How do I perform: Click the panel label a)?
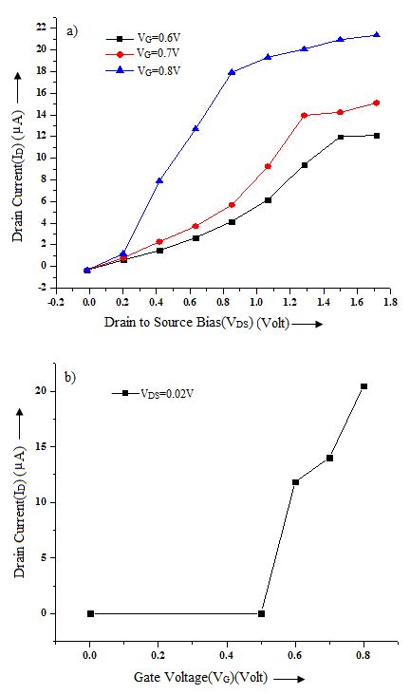coord(71,31)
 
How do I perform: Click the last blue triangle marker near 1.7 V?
coord(377,35)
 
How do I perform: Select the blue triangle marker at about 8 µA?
coord(159,180)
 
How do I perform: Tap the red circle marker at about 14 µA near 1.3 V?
coord(305,116)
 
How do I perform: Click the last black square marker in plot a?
coord(377,136)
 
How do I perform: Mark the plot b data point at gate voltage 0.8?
coord(363,386)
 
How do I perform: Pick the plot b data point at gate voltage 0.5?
coord(261,613)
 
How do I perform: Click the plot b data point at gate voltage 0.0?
coord(90,613)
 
